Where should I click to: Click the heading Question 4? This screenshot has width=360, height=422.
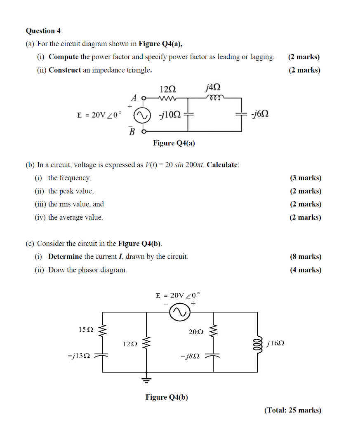point(43,31)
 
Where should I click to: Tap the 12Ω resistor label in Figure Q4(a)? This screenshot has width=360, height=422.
point(167,89)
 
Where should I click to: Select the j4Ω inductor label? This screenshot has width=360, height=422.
point(213,87)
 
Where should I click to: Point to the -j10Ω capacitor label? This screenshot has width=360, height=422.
point(169,115)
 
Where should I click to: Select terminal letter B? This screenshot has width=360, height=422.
point(132,131)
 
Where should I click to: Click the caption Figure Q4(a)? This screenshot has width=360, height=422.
point(174,143)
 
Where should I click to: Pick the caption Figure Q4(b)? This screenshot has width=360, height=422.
point(167,397)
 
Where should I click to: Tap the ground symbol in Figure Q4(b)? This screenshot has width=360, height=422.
point(146,379)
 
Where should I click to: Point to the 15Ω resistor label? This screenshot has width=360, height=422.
point(86,329)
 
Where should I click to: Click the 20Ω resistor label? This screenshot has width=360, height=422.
point(196,332)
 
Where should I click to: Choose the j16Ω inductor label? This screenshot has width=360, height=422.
point(276,343)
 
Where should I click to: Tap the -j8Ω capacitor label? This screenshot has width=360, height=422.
point(190,355)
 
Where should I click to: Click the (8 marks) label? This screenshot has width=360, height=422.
point(305,257)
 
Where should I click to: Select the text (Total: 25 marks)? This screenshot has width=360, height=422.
point(292,410)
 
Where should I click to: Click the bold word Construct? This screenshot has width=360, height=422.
point(65,70)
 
